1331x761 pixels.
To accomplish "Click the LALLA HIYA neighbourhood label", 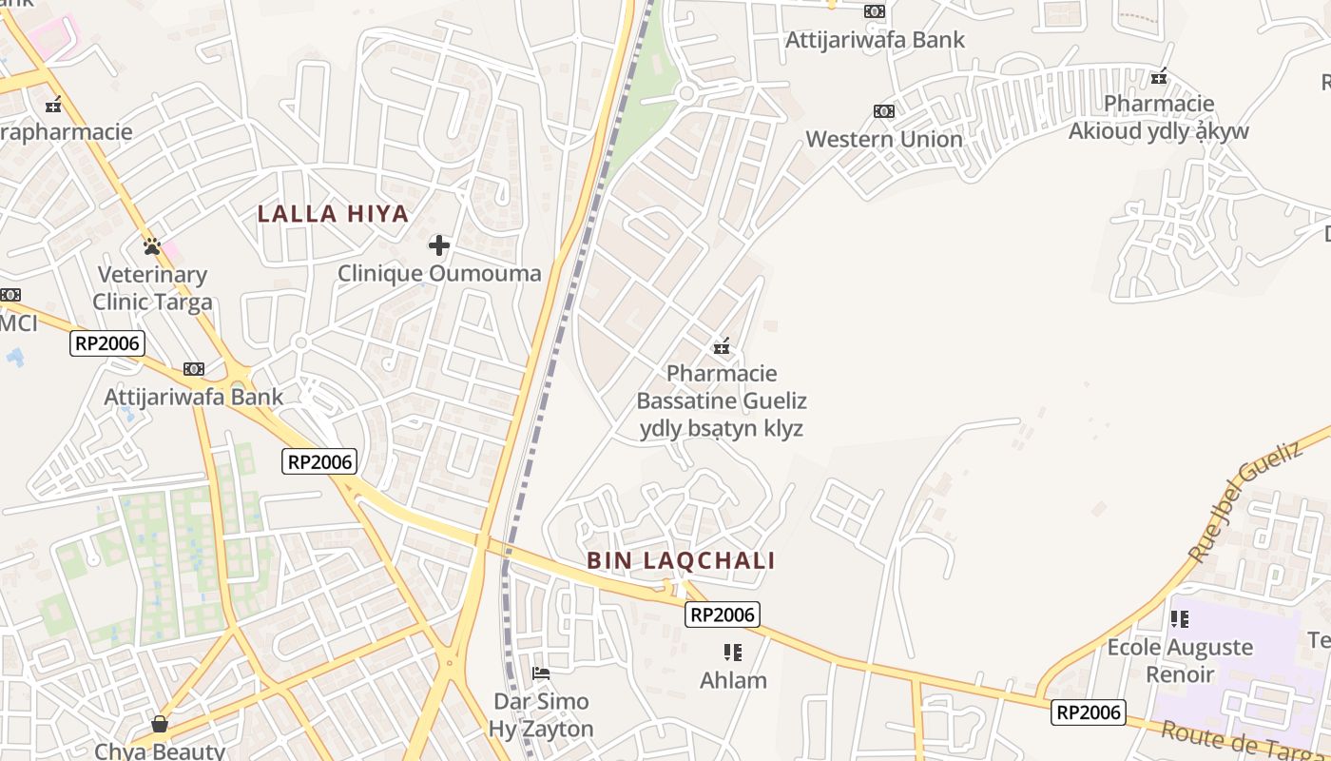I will tap(333, 214).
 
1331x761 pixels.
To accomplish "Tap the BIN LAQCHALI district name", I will tap(681, 560).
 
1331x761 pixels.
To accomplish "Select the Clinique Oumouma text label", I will tap(439, 274).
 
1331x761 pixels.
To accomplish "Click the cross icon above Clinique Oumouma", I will tap(438, 245).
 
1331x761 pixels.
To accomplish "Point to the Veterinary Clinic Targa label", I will tap(152, 288).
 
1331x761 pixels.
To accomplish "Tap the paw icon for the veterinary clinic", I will tap(152, 246).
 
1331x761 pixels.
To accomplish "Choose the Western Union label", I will tap(884, 139).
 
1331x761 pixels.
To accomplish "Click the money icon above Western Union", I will tap(884, 111).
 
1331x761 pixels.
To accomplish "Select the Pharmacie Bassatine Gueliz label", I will tap(722, 400).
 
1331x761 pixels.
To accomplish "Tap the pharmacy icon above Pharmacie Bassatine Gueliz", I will tap(723, 346).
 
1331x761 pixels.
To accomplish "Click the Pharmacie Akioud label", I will tap(1158, 117).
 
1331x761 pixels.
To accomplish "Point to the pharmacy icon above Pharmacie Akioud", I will tap(1159, 76).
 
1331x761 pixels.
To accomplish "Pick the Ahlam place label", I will tap(733, 680).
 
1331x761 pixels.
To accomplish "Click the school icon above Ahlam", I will tap(732, 653).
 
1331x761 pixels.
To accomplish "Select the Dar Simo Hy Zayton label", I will tap(541, 715).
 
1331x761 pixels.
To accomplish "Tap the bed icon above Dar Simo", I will tap(541, 673).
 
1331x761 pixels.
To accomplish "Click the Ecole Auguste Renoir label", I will tap(1180, 660).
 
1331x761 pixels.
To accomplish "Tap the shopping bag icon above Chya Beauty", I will tap(160, 725).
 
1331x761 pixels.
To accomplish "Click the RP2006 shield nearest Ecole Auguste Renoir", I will tap(1088, 712).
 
